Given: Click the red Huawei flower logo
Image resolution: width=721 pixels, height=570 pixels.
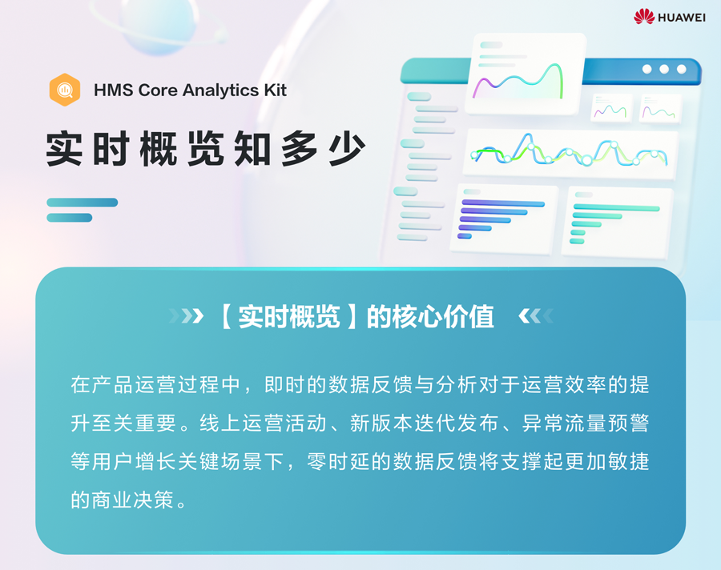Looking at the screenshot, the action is (644, 17).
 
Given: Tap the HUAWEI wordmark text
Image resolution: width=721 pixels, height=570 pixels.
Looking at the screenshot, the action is (682, 18).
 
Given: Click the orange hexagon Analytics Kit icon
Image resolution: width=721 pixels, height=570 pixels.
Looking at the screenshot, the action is (65, 90).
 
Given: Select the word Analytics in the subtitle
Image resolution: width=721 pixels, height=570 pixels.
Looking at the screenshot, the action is (221, 90).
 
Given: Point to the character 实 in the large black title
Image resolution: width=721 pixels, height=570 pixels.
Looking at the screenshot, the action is (64, 148).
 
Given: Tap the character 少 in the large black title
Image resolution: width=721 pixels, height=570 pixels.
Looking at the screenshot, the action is (347, 148).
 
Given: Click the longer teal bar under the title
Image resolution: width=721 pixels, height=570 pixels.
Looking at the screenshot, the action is (83, 203).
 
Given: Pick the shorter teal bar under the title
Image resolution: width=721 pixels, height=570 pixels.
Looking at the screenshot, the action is (70, 218).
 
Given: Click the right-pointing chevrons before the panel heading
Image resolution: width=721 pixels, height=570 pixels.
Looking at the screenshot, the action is (186, 315).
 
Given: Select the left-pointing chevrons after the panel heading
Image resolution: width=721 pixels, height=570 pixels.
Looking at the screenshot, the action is (536, 315).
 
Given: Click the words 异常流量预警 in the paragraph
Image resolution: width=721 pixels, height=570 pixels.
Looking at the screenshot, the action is (585, 423).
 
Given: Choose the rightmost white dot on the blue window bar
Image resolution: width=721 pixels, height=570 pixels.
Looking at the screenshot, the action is (682, 69).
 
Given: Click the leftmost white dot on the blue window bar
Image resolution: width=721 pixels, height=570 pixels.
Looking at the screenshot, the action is (647, 69).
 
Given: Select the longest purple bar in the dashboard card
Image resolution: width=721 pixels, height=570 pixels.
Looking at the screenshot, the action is (503, 203).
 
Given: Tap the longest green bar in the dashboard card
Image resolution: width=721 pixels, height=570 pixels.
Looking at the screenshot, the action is (617, 208).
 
